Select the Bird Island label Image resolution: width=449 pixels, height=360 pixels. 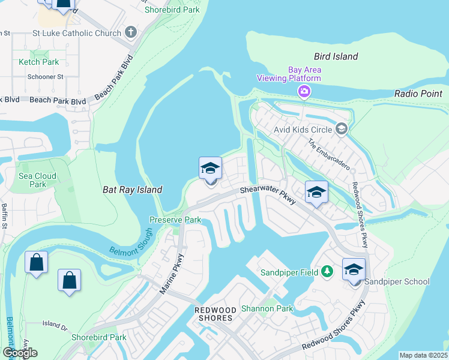pos(336,56)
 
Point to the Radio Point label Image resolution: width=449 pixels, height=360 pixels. pos(418,94)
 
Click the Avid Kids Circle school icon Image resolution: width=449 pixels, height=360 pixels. pos(342,128)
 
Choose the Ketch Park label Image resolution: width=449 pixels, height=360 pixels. pos(38,62)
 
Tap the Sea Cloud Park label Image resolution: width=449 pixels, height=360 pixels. pos(37,180)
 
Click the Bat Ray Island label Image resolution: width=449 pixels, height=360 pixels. pos(131,190)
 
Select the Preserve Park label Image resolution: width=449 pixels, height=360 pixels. pos(175,220)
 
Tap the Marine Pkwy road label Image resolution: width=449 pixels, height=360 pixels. pos(172,274)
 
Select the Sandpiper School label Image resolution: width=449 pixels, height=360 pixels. pos(397,281)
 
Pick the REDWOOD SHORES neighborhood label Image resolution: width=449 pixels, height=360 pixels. pos(214,313)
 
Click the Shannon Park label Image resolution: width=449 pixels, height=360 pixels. pos(267,309)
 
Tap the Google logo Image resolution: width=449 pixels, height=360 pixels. pos(20,352)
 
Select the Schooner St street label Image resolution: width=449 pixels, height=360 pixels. pos(45,77)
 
